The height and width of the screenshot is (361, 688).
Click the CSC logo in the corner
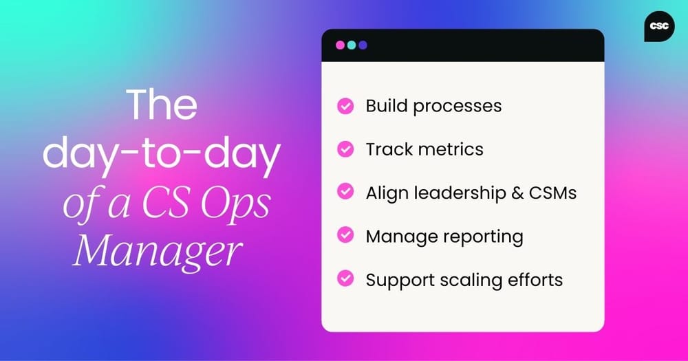tap(659, 26)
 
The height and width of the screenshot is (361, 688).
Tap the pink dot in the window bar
tap(340, 45)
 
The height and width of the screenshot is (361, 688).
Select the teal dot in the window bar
tap(352, 45)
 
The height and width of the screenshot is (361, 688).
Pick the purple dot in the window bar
tap(363, 45)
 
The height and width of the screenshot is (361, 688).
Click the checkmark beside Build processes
tap(345, 107)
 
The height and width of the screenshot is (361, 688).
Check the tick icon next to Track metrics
tap(345, 149)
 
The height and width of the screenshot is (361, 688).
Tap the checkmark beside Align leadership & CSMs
tap(345, 193)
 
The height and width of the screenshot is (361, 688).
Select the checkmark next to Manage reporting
tap(345, 236)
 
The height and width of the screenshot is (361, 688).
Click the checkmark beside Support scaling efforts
tap(345, 279)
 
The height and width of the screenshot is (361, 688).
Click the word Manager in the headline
tap(158, 251)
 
